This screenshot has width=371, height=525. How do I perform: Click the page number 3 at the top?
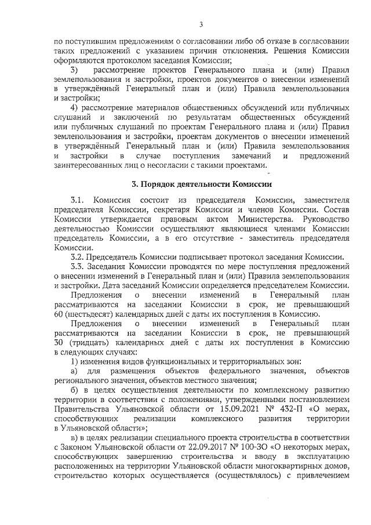click(201, 24)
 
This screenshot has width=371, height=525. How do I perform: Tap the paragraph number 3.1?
click(78, 200)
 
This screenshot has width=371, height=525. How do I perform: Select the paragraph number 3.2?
click(77, 257)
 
